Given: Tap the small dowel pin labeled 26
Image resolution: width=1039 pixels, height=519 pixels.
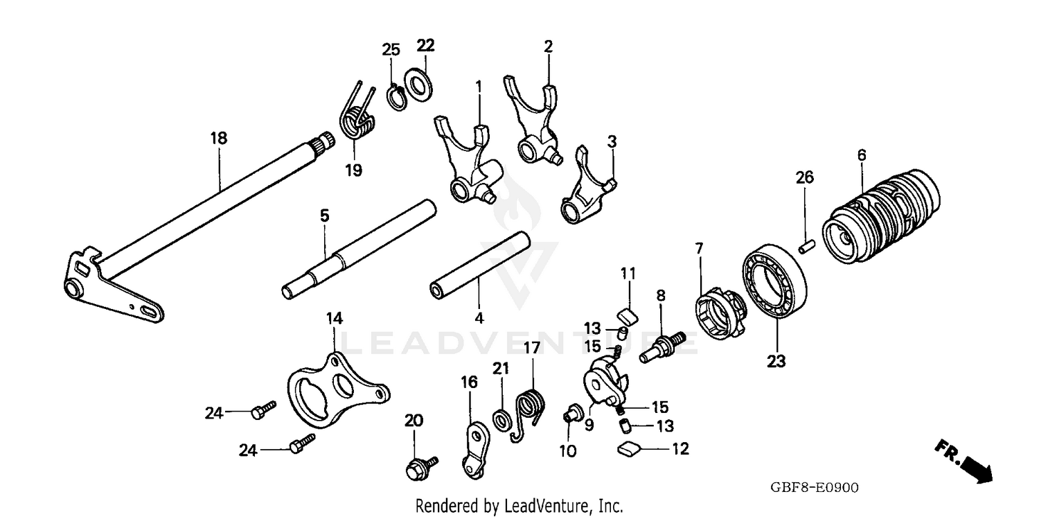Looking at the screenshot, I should coord(804,247).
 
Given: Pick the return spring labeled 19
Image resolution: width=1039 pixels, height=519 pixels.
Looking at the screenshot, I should coord(356,119).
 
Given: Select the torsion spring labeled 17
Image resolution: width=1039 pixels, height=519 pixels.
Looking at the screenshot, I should coord(530,411).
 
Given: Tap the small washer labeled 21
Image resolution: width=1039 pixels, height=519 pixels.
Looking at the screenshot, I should coord(499,419).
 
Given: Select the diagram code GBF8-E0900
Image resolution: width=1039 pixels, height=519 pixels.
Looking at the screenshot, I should coord(814,488).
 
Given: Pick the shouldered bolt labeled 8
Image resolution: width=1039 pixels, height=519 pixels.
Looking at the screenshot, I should coord(661,346).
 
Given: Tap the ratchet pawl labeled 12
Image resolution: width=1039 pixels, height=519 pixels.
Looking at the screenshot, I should coord(629,449).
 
